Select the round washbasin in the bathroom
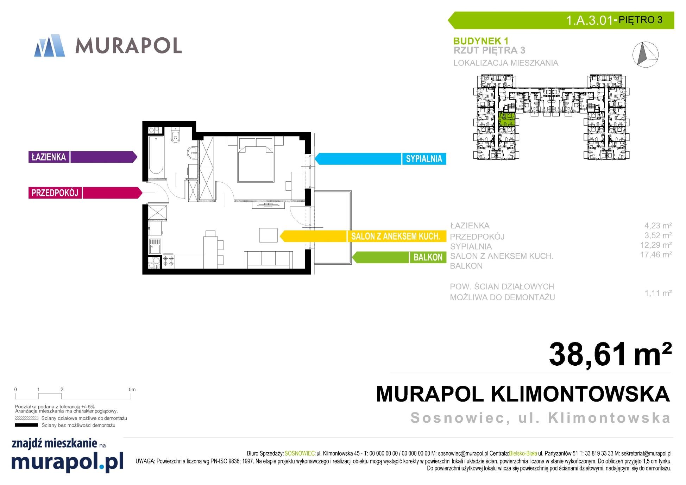(x=193, y=152)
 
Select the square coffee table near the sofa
(x=268, y=235)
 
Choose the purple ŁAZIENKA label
(x=83, y=157)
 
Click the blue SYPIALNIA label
(x=380, y=159)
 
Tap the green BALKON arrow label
(x=399, y=257)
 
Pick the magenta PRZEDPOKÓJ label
(x=86, y=193)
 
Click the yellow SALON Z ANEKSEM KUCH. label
(x=363, y=236)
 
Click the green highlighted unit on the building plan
(x=507, y=119)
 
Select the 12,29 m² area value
(x=656, y=245)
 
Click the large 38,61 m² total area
(x=610, y=354)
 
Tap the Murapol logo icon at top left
(x=50, y=45)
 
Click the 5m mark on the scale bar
(x=132, y=390)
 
